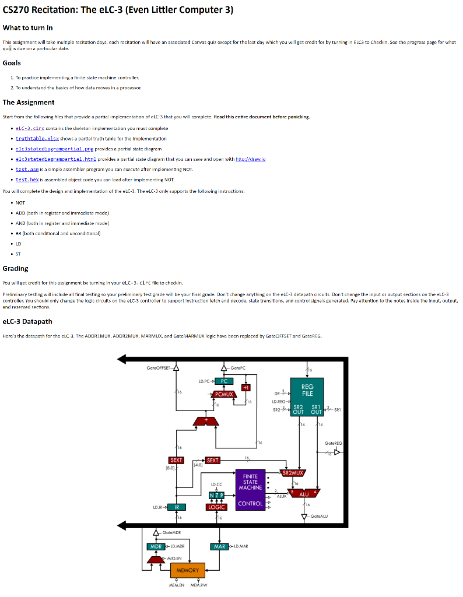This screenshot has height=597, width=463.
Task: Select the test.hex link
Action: click(27, 180)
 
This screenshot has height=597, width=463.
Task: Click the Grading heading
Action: click(16, 269)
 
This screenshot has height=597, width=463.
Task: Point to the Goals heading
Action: click(12, 63)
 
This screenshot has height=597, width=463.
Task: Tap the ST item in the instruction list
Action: click(18, 254)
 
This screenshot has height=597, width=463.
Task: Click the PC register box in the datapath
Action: click(225, 381)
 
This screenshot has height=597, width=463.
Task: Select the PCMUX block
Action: click(224, 394)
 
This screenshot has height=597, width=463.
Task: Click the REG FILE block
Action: click(307, 390)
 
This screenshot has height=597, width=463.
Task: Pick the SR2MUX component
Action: click(298, 473)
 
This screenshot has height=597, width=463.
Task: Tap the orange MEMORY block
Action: click(187, 570)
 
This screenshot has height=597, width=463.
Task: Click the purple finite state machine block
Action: click(250, 490)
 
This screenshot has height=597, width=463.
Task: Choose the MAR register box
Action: click(219, 546)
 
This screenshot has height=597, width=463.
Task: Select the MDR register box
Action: click(156, 546)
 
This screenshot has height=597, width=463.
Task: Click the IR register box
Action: click(177, 507)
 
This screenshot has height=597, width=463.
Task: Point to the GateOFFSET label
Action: click(159, 367)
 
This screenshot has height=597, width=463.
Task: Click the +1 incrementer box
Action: click(246, 388)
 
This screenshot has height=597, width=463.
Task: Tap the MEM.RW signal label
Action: click(199, 585)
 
